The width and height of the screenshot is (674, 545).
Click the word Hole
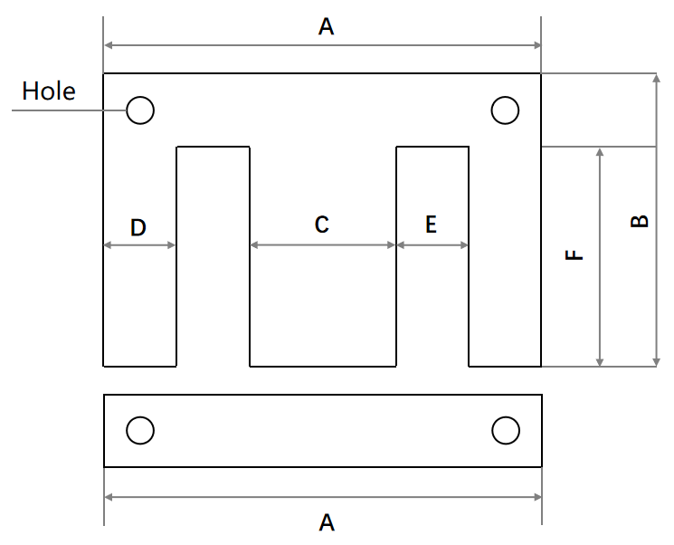click(x=49, y=91)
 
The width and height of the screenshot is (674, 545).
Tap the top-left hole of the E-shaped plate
click(x=140, y=110)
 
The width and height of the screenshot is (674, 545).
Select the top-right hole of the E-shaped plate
click(x=505, y=110)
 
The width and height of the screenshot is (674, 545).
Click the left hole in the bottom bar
click(x=139, y=430)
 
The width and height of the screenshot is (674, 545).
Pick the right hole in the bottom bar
click(x=505, y=430)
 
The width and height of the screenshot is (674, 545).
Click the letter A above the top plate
click(x=327, y=28)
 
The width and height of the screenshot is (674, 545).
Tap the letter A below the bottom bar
click(x=327, y=522)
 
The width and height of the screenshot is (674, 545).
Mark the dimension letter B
click(x=639, y=221)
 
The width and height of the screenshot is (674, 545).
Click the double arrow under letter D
click(x=140, y=245)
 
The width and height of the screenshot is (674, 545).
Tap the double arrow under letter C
click(x=323, y=244)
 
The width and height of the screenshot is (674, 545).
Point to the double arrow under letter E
click(x=432, y=244)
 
